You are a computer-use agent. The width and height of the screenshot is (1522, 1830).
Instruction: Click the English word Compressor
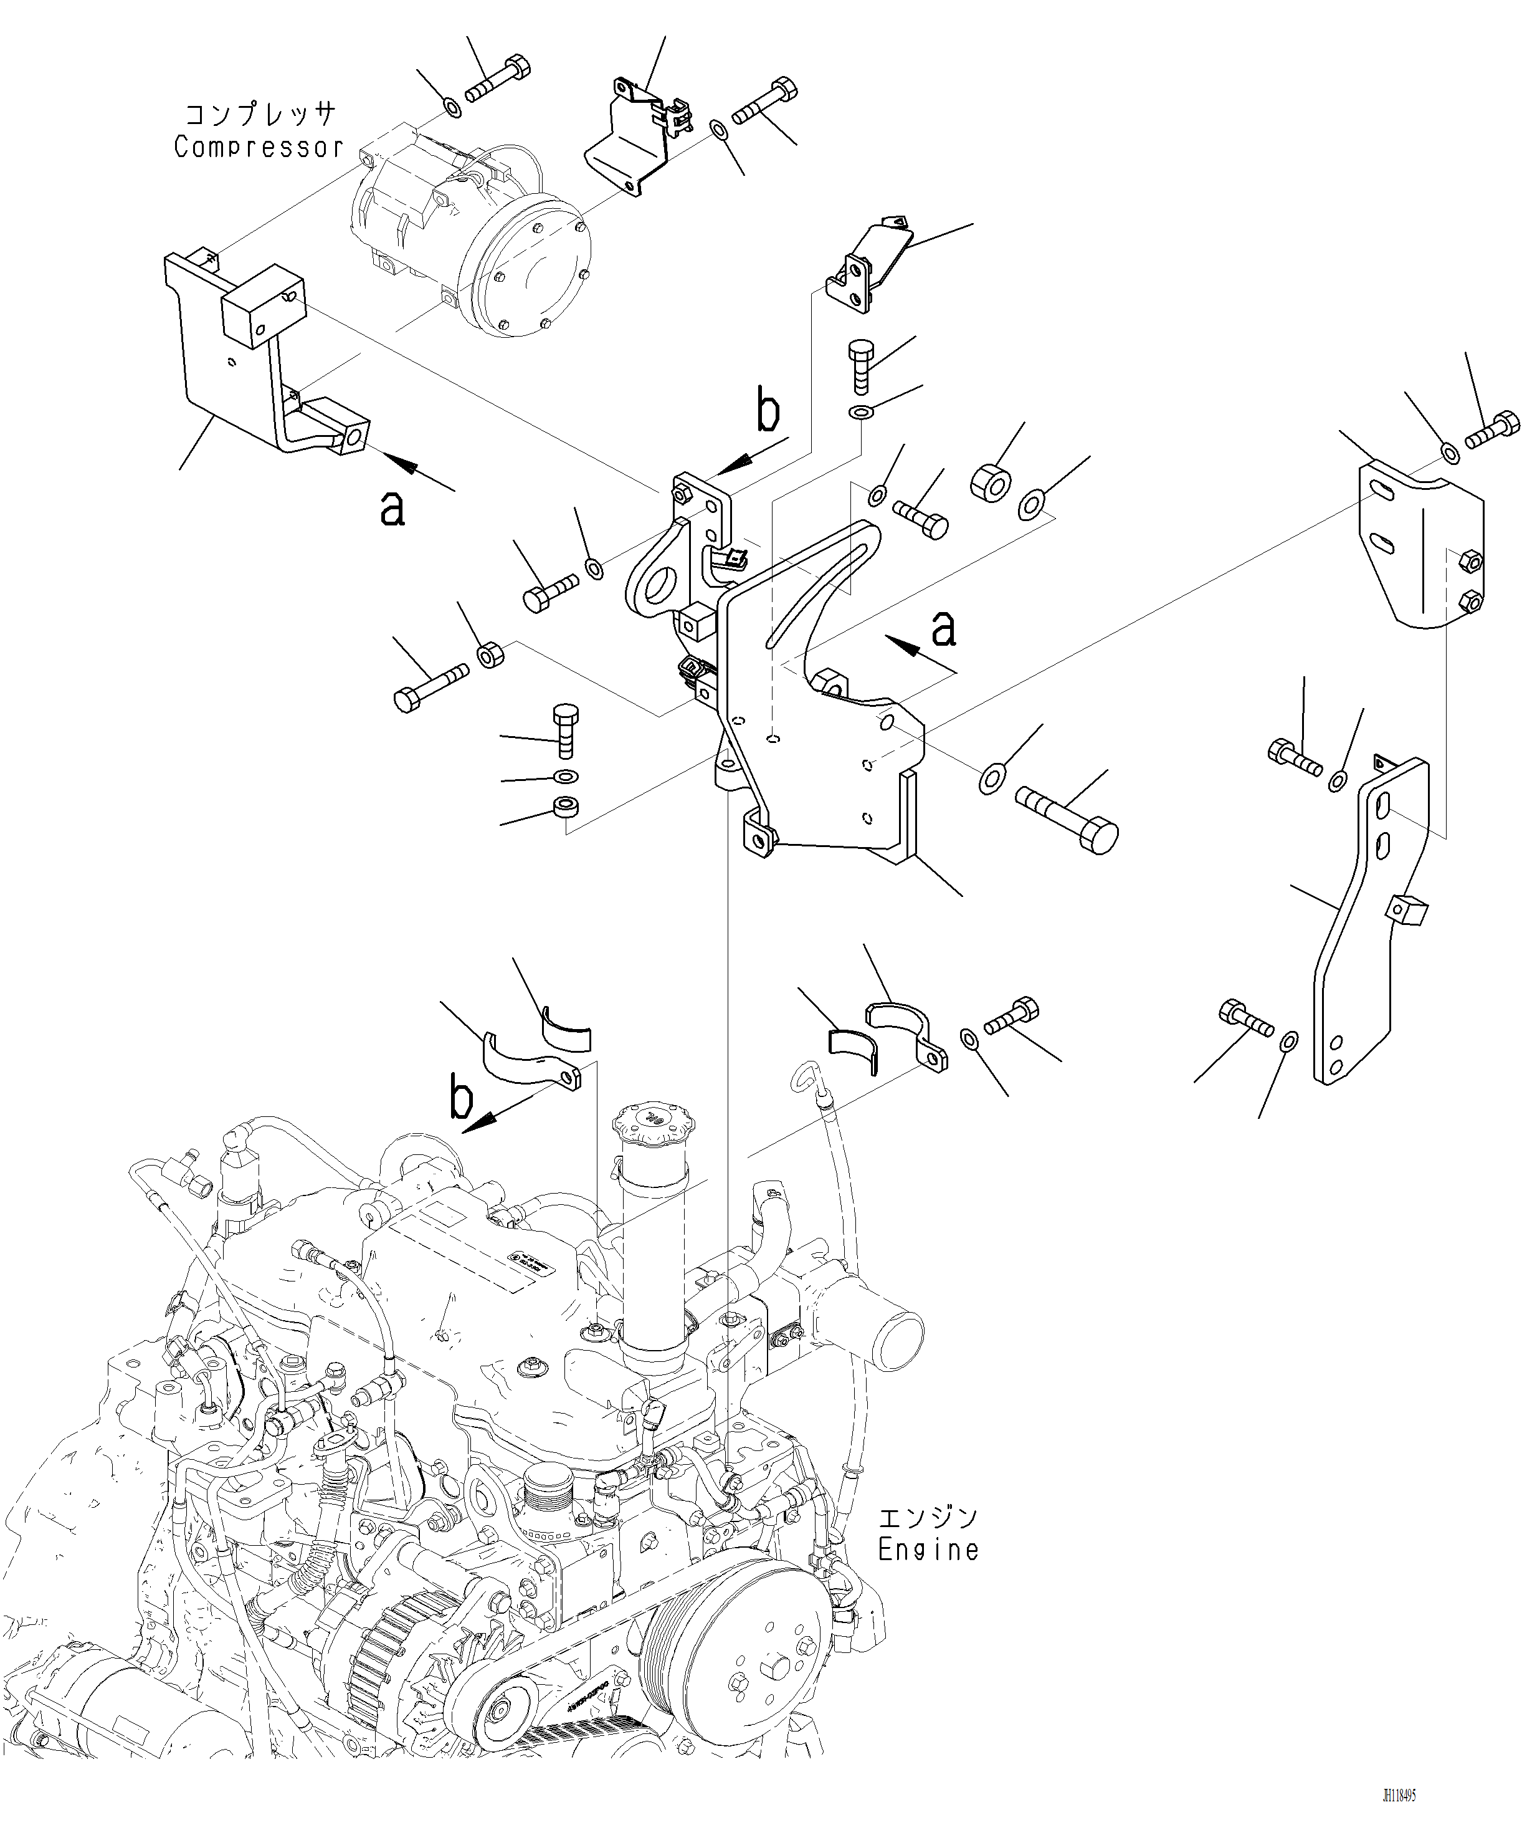coord(259,147)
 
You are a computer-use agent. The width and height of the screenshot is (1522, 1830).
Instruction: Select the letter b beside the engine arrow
coord(461,1098)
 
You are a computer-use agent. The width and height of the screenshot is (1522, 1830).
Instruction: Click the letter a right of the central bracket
coord(943,628)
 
